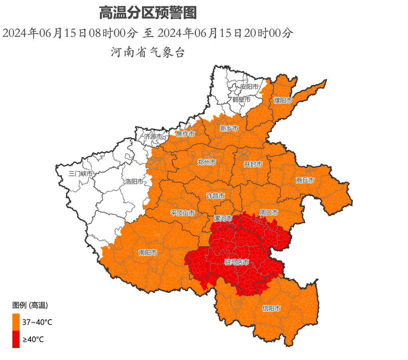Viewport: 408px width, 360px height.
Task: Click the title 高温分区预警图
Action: coord(148,13)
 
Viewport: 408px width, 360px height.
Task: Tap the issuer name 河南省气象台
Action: coord(148,52)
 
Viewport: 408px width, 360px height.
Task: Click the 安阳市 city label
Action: coord(249,87)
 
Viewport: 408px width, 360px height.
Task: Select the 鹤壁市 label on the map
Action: coord(241,99)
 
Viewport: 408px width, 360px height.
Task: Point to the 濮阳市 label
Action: coord(283,100)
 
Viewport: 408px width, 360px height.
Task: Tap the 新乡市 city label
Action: coord(229,128)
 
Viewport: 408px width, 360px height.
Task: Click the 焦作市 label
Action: coord(186,134)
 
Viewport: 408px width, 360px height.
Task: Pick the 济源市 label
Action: coord(154,136)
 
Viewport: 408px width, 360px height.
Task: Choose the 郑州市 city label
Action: coord(207,162)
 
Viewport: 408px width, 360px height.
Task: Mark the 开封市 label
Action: coord(253,164)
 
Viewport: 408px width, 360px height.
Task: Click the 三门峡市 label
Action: coord(81,174)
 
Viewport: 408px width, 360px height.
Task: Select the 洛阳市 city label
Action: coord(134,182)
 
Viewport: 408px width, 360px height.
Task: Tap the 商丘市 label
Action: coord(305,180)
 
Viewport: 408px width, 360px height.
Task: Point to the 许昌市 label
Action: coord(215,196)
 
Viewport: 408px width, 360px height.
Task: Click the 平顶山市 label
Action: coord(183,213)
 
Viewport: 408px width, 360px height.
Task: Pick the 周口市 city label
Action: coord(269,212)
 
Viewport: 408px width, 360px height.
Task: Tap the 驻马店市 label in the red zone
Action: coord(237,262)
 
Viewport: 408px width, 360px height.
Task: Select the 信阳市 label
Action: coord(271,308)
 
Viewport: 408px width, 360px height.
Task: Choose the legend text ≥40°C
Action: coord(33,340)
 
